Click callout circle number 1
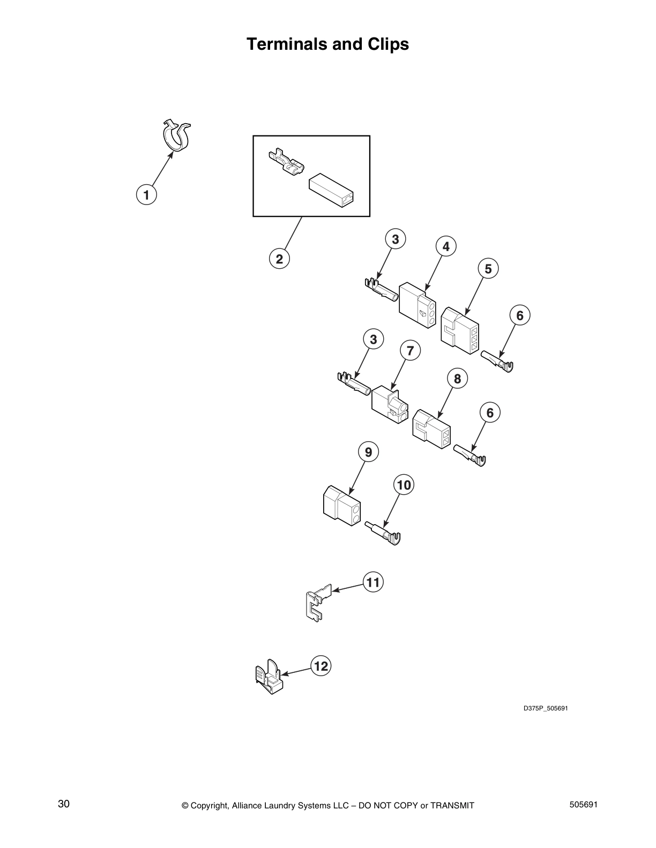(146, 194)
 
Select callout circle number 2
(279, 259)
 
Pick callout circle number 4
(446, 247)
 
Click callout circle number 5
(488, 269)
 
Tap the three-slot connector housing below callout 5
(460, 331)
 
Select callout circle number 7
(410, 351)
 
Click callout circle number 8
(457, 379)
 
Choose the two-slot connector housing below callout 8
(431, 429)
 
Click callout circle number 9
(368, 452)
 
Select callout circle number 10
(404, 485)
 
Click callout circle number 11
(373, 582)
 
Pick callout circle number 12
(320, 667)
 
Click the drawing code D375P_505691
(545, 709)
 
